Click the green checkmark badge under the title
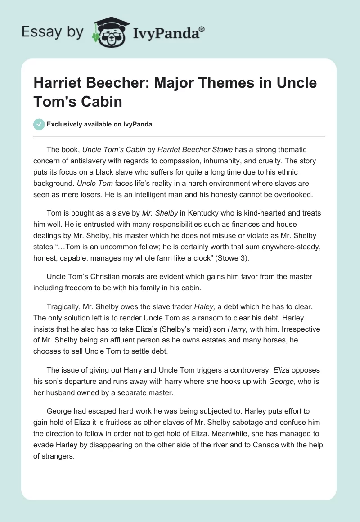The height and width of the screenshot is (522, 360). click(x=39, y=124)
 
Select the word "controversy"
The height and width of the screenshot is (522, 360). click(x=249, y=370)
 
